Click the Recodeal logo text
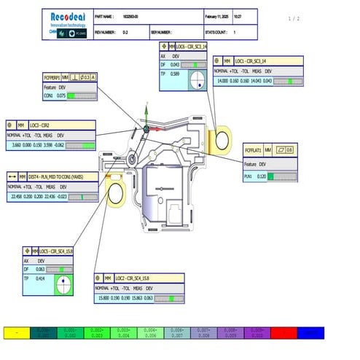(67, 15)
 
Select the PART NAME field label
(106, 15)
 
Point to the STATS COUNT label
(215, 33)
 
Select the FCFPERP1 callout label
(51, 77)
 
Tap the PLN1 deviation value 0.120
(261, 176)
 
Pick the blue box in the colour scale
(310, 332)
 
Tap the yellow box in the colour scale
(17, 332)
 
